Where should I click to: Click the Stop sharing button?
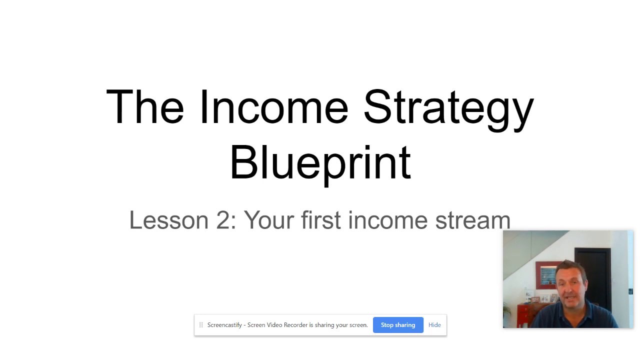398,325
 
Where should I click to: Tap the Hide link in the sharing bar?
434,325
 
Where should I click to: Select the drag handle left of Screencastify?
201,325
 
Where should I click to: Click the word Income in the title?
274,107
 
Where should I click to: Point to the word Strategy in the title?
448,108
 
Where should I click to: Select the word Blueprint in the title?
320,163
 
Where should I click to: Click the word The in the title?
145,107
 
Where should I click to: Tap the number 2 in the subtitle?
223,220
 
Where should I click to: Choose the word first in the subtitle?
321,220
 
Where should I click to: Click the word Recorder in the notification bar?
295,325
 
